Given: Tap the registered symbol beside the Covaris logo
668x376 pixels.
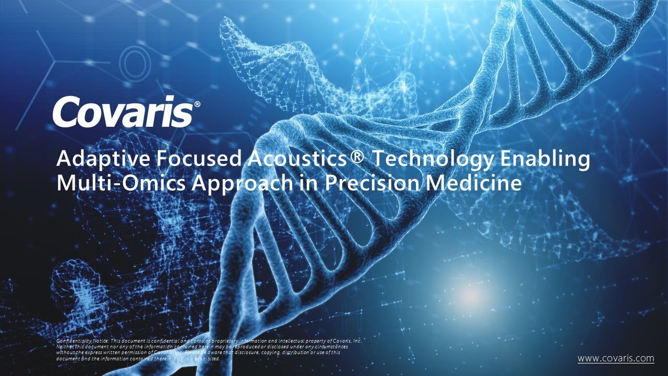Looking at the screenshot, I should (x=197, y=104).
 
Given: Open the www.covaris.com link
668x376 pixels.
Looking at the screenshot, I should (x=615, y=358).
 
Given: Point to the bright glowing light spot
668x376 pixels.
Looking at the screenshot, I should (x=471, y=296).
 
